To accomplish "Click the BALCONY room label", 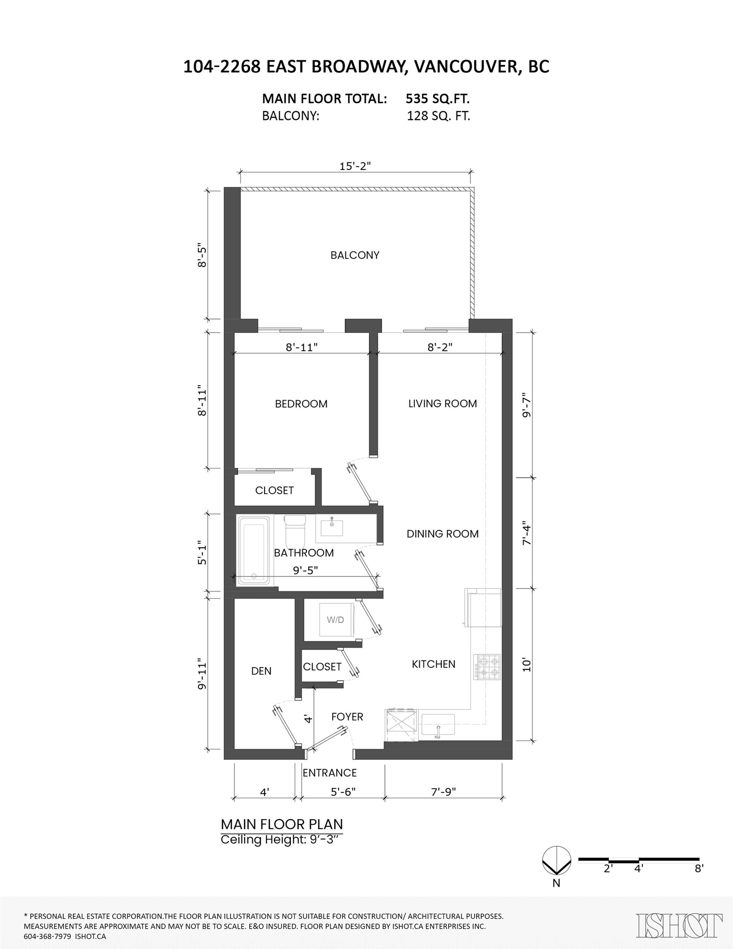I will pos(355,255).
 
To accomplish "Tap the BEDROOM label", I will pos(301,404).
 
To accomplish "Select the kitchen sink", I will pos(438,724).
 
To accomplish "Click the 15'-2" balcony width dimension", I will pos(355,166).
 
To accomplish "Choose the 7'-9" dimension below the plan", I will pos(443,792).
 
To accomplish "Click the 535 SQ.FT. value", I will pos(438,99).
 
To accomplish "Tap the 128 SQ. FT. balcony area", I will pos(438,116).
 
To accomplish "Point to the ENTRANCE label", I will pos(329,773).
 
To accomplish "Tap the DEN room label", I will pos(261,671).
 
